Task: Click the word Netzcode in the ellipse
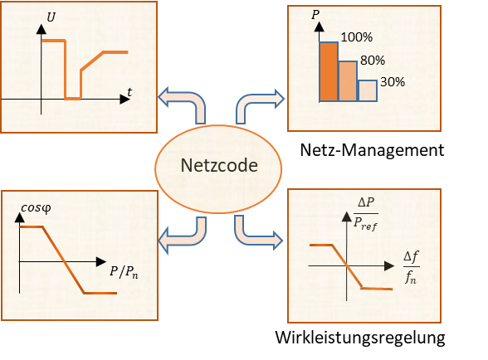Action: point(219,165)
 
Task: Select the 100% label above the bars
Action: point(356,37)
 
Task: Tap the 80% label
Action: point(373,60)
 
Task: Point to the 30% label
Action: point(393,82)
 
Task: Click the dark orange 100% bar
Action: point(329,71)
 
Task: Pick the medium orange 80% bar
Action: point(348,81)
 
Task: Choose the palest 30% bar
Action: point(368,91)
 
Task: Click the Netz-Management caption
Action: point(372,150)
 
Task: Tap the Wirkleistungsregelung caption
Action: point(360,338)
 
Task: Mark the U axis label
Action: point(51,17)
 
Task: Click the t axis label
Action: point(129,92)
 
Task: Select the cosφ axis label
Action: point(36,208)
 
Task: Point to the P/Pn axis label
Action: point(124,271)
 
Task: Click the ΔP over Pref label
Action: point(366,214)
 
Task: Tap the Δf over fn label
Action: point(411,267)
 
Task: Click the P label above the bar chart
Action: point(315,15)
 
